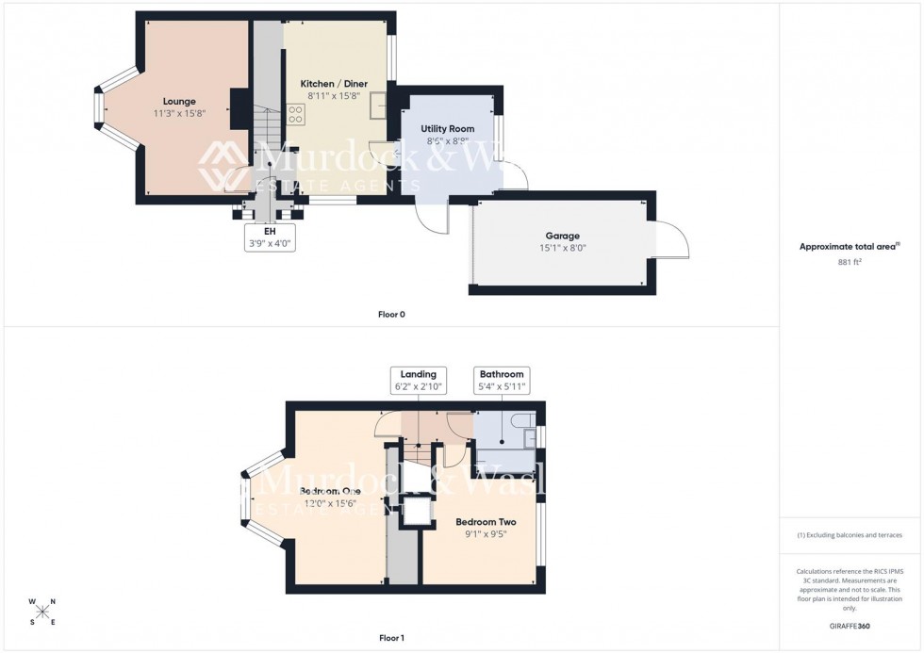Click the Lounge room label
pos(179,101)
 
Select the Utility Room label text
pos(447,128)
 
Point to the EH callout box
pos(270,236)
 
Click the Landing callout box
pos(418,380)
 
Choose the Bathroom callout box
pos(501,380)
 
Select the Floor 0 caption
pos(391,314)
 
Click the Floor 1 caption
pos(391,638)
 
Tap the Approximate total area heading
pos(850,247)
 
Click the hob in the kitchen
pos(295,114)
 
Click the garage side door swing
pos(671,241)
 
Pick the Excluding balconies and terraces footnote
pos(850,535)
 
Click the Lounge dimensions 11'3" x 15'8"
pos(179,113)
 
